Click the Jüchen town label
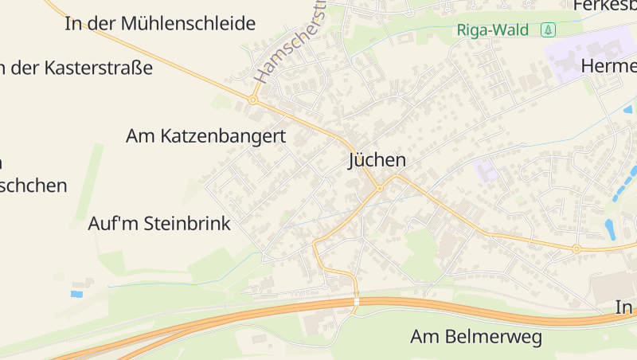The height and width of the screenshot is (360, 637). [x=377, y=160]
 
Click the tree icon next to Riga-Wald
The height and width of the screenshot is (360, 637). [x=548, y=30]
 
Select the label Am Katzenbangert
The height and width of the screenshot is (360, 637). [x=205, y=136]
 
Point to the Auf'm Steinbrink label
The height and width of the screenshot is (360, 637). [x=159, y=224]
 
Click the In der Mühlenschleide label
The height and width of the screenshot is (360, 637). [x=159, y=23]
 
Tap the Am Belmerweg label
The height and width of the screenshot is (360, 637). [x=476, y=337]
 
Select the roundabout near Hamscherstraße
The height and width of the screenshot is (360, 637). [x=252, y=100]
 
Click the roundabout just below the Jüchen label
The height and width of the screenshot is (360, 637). [x=380, y=189]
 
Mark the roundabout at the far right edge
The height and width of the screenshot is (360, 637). [x=576, y=249]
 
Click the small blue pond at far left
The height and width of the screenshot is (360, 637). [x=76, y=294]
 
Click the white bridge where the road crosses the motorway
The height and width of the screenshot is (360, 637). [x=356, y=301]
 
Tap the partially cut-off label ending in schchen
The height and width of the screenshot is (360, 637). [x=33, y=186]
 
